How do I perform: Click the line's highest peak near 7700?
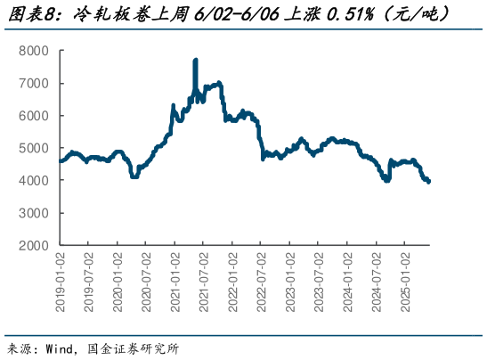click(x=195, y=61)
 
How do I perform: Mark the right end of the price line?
click(x=430, y=182)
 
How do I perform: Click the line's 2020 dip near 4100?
click(x=134, y=176)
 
